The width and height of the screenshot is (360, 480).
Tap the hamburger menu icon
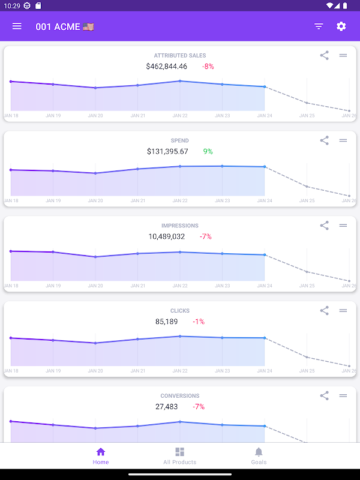17,26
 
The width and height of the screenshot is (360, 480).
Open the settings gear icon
341,26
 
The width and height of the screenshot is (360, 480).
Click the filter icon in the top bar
319,26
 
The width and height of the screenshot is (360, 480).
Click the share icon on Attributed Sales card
324,55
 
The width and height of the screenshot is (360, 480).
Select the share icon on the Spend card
324,140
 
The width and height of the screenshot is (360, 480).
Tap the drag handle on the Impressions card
343,226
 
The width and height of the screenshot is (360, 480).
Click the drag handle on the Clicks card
343,311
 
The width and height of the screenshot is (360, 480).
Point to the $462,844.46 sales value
167,67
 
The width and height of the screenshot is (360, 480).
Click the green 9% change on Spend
208,152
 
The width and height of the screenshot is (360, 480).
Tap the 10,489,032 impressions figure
167,237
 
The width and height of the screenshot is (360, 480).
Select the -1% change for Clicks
199,322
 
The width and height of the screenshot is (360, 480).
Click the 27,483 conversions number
167,407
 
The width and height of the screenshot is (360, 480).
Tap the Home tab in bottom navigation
101,455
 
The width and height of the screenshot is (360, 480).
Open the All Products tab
179,455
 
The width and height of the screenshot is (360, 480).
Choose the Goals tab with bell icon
259,455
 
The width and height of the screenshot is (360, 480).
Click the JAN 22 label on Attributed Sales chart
180,115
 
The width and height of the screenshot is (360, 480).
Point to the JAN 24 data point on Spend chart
265,167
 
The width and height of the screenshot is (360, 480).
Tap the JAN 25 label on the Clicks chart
307,371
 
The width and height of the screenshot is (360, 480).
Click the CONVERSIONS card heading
180,396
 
